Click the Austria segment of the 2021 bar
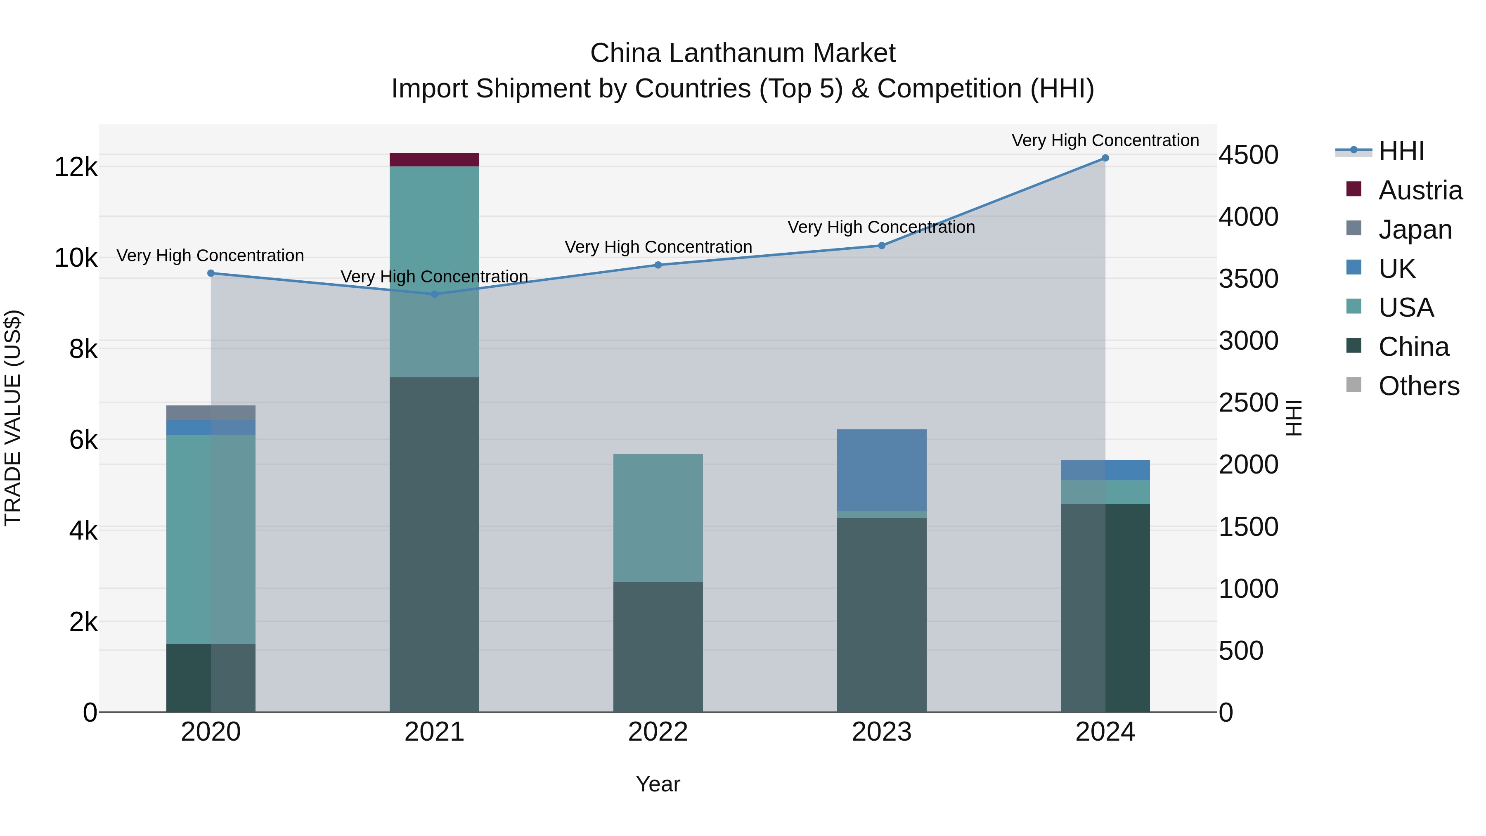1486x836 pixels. click(x=434, y=160)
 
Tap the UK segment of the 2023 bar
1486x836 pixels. click(x=881, y=470)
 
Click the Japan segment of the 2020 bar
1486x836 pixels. click(x=211, y=412)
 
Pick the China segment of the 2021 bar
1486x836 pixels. click(x=434, y=544)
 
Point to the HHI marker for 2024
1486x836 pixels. click(x=1105, y=158)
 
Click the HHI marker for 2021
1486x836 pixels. click(x=434, y=294)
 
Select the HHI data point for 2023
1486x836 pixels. click(x=881, y=246)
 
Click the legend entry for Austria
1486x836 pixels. click(x=1419, y=190)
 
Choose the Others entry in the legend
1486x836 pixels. click(x=1418, y=386)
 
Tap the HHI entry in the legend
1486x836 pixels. click(x=1401, y=151)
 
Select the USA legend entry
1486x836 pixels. click(x=1405, y=308)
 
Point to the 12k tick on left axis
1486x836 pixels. click(x=76, y=167)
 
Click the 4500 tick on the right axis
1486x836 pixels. click(x=1248, y=155)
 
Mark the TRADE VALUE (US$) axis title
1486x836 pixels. click(x=13, y=418)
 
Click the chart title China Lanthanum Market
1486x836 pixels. click(x=743, y=53)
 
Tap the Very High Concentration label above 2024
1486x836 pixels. click(x=1105, y=140)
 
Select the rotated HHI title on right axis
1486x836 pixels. click(x=1294, y=418)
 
